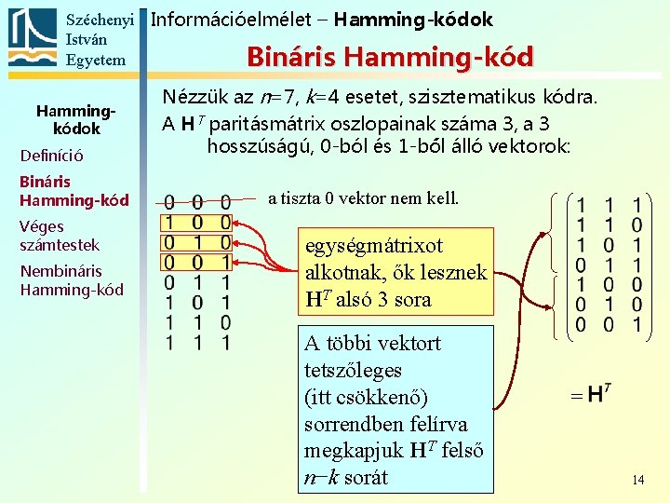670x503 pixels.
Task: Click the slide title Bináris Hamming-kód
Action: coord(390,57)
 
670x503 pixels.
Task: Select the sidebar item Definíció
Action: coord(51,156)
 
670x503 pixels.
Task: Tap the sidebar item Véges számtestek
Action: coord(59,235)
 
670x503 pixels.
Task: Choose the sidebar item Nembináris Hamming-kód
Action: coord(71,279)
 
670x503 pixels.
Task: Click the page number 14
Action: coord(637,480)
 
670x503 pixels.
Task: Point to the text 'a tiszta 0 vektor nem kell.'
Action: coord(363,197)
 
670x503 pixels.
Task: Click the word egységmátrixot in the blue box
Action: coord(374,246)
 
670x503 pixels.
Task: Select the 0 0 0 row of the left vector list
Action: coord(197,202)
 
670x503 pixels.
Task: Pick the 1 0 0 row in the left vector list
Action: coord(197,223)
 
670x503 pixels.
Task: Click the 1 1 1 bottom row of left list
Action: coord(197,342)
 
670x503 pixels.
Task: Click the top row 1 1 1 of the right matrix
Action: coord(609,204)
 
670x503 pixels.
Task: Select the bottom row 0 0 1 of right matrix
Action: coord(609,325)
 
